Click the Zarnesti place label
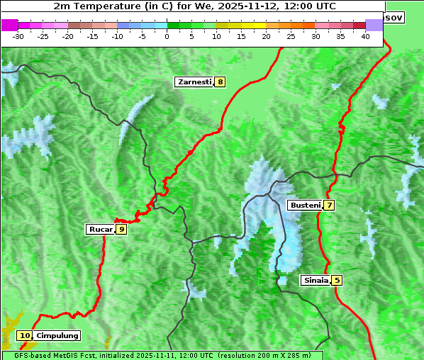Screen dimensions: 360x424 click(194, 82)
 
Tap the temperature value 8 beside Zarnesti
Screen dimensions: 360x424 click(221, 82)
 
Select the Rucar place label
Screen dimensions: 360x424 click(101, 229)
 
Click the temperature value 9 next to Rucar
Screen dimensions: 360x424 click(121, 229)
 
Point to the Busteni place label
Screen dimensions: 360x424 click(305, 206)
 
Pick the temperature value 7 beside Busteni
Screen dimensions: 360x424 click(329, 206)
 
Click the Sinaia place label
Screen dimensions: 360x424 click(316, 280)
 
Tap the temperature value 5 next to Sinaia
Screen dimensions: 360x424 click(337, 280)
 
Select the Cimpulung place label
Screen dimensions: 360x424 click(57, 335)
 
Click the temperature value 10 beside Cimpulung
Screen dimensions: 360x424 click(25, 335)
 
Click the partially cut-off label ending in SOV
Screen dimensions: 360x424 click(394, 17)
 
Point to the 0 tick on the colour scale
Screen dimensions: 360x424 click(167, 35)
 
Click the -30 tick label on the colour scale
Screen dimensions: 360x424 click(18, 35)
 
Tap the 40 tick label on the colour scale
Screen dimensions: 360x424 click(365, 35)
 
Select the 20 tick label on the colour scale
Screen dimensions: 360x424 click(266, 35)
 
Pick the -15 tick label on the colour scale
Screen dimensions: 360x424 click(92, 35)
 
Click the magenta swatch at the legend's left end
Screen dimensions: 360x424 click(9, 25)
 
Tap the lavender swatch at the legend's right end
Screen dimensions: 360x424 click(374, 25)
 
